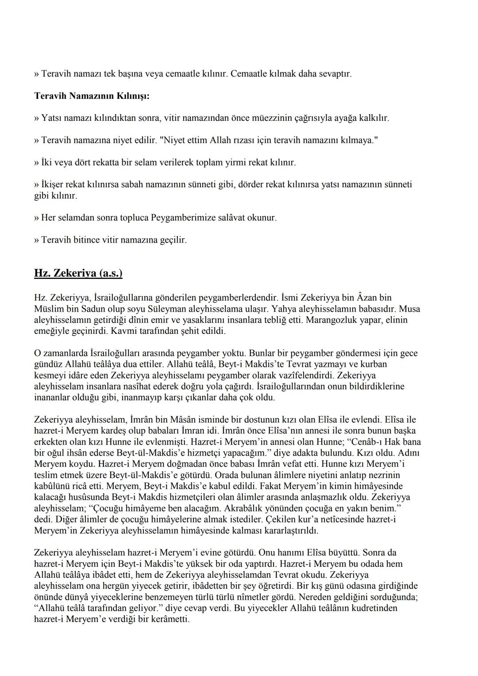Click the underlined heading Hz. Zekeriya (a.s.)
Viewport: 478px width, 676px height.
(78, 273)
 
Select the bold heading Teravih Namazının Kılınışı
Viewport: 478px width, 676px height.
(92, 96)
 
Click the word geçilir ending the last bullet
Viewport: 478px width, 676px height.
(172, 240)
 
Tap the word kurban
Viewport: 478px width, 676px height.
(374, 364)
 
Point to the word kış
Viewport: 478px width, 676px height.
(321, 586)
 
